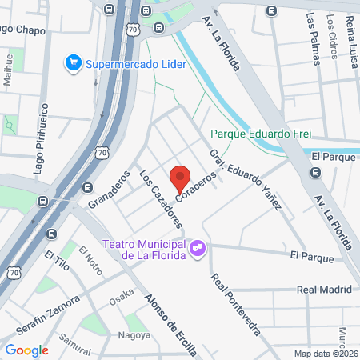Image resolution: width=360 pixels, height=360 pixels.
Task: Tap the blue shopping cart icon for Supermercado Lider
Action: tap(73, 61)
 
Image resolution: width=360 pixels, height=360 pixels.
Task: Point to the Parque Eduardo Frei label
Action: tap(260, 134)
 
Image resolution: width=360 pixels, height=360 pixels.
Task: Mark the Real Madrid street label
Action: tap(324, 290)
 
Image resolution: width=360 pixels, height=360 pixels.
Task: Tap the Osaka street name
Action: tap(122, 294)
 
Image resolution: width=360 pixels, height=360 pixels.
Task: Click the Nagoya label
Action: tap(134, 334)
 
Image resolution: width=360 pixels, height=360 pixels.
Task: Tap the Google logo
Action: tap(26, 350)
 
